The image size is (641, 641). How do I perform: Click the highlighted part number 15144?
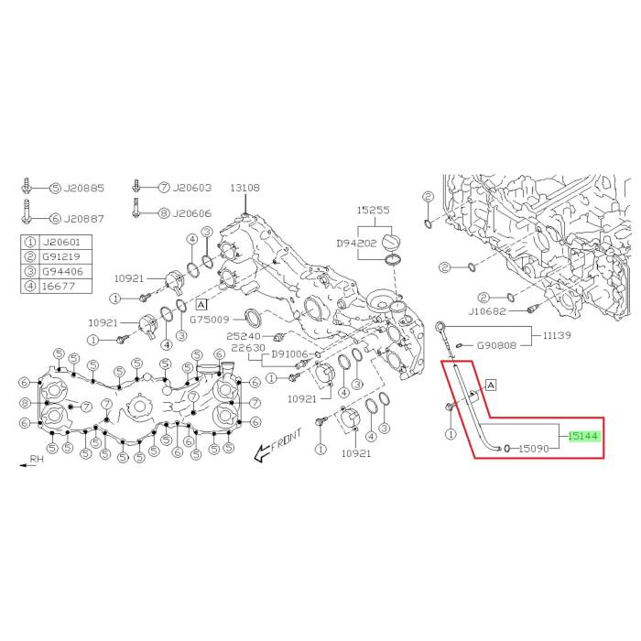tap(583, 437)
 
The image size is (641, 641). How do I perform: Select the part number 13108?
tap(244, 188)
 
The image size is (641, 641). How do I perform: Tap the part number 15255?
tap(374, 210)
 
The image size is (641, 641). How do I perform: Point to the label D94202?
tap(356, 244)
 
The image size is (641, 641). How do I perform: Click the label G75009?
tap(210, 320)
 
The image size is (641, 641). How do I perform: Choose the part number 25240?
tap(244, 336)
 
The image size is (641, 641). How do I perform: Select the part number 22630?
tap(248, 348)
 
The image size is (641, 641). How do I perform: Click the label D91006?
tap(291, 354)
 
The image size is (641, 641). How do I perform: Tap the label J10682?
tap(487, 311)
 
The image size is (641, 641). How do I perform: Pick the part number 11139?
tap(557, 336)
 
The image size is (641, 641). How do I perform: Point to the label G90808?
tap(496, 346)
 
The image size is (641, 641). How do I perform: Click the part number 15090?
tap(534, 449)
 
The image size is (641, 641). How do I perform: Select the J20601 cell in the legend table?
tap(61, 243)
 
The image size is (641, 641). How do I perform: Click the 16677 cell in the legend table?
tap(59, 286)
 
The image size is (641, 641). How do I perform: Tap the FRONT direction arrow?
tap(278, 445)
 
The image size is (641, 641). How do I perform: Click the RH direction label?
tap(37, 459)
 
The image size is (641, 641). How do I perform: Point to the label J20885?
tap(84, 189)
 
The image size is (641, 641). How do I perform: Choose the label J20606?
tap(191, 213)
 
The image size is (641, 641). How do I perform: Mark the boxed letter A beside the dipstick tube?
tap(491, 386)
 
